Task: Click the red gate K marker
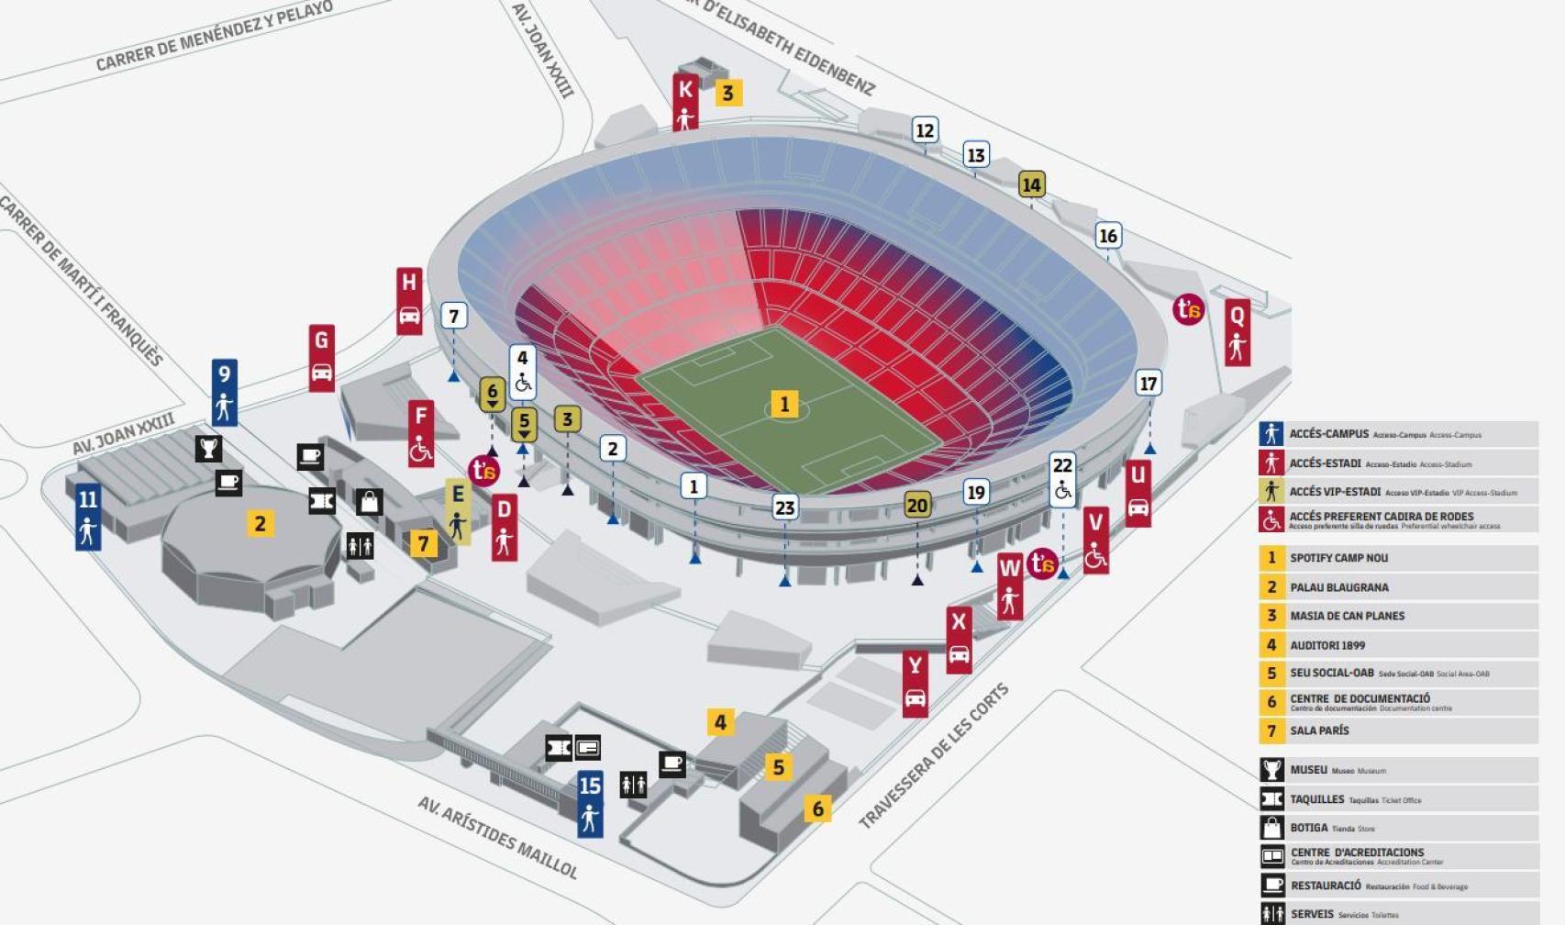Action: tap(685, 102)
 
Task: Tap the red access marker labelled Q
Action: tap(1238, 331)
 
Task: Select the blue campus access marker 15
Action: tap(590, 803)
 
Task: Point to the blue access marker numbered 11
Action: tap(88, 516)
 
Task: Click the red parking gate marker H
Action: tap(409, 300)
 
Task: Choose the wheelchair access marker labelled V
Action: tap(1095, 540)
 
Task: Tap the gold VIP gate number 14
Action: tap(1031, 184)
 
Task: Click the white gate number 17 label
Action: tap(1148, 383)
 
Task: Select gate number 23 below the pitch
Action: tap(784, 507)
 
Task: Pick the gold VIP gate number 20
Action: tap(916, 505)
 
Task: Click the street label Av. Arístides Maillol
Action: tap(498, 837)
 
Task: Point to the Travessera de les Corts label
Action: tap(933, 755)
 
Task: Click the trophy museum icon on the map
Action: tap(209, 448)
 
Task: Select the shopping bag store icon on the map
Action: tap(369, 502)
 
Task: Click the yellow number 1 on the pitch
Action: tap(783, 404)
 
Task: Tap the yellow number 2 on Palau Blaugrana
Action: tap(261, 523)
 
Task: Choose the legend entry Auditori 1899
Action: tap(1326, 645)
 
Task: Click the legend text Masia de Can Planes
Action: tap(1347, 616)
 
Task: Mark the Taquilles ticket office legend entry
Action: tap(1316, 799)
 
